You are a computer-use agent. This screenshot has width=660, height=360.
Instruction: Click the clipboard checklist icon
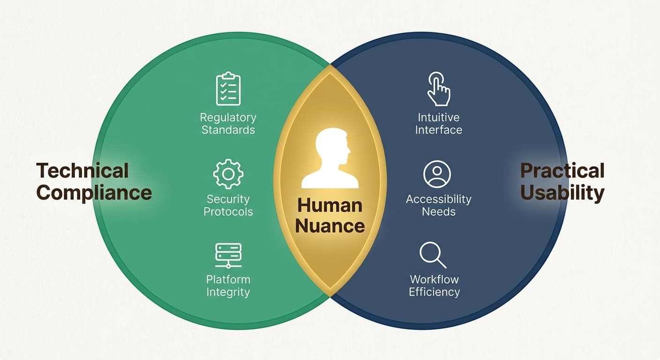(228, 89)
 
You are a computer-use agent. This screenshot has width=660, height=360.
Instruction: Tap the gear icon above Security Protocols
(228, 174)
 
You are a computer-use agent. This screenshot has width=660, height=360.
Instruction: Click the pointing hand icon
(438, 89)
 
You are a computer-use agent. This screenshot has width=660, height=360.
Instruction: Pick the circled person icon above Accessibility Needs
(437, 174)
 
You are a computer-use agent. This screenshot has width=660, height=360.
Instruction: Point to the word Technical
(82, 171)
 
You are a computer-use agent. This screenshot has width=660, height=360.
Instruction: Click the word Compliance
(94, 193)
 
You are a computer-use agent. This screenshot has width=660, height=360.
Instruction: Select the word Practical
(562, 171)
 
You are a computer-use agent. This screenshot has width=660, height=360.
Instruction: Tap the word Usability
(562, 193)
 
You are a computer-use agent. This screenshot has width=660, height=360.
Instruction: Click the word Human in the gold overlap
(330, 205)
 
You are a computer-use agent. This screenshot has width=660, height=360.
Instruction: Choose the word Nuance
(330, 226)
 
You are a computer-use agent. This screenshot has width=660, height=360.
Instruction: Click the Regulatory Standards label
(228, 123)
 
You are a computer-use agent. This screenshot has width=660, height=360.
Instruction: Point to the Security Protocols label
(228, 205)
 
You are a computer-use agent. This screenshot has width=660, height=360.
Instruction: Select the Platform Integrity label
(228, 285)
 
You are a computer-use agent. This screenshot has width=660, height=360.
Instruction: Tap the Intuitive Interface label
(439, 123)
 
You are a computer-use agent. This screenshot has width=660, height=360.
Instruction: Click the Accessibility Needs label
(439, 205)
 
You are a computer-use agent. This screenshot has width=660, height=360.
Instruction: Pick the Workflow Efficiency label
(435, 285)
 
